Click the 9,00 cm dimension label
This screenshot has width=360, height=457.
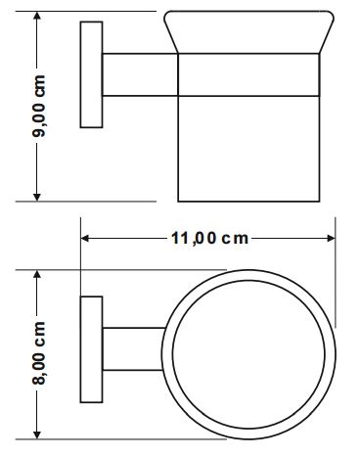[38, 106]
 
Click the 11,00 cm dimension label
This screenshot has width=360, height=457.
[209, 239]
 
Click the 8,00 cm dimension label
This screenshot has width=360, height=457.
[38, 353]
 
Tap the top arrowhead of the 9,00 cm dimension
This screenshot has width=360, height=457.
[37, 17]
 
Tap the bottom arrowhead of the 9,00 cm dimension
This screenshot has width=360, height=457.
[37, 197]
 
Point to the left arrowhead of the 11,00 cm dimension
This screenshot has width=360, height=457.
[85, 239]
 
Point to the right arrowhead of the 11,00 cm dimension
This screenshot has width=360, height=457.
[331, 239]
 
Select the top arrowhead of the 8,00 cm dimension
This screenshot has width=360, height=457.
[37, 275]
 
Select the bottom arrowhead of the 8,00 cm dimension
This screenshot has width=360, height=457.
[37, 434]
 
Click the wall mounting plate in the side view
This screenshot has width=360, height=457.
[91, 74]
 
